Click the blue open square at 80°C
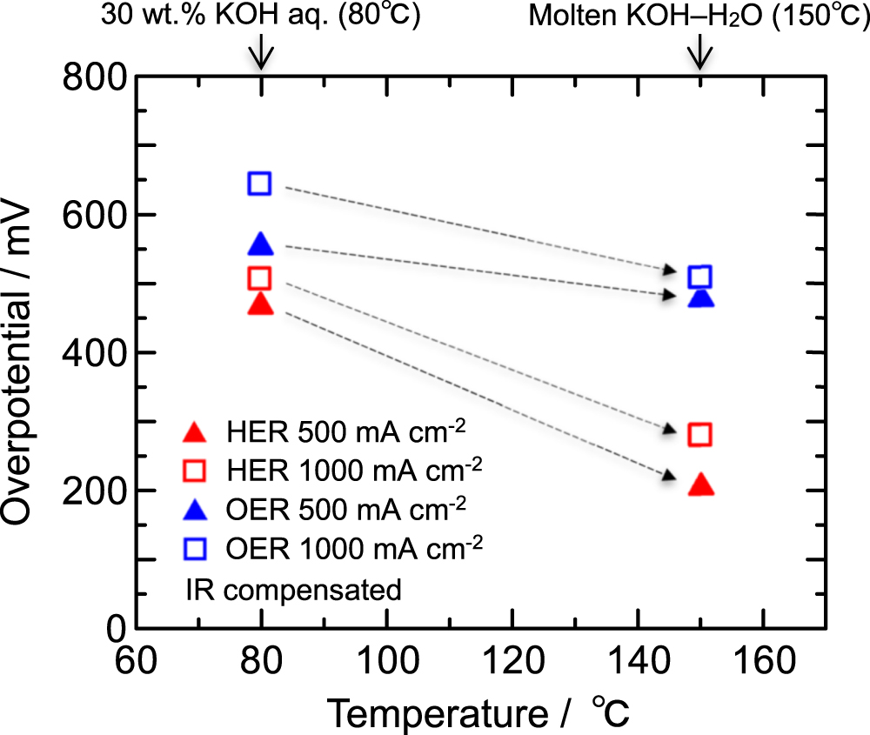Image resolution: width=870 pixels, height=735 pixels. [x=259, y=184]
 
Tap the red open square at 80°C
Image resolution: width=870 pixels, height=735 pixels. [x=259, y=278]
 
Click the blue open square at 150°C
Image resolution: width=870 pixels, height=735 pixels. [x=700, y=277]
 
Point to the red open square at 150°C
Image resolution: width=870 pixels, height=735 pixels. [x=700, y=434]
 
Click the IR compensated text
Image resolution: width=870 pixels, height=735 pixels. [x=293, y=590]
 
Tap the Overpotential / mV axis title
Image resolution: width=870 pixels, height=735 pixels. [x=24, y=352]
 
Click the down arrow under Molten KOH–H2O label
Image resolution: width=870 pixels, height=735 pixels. [x=700, y=57]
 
